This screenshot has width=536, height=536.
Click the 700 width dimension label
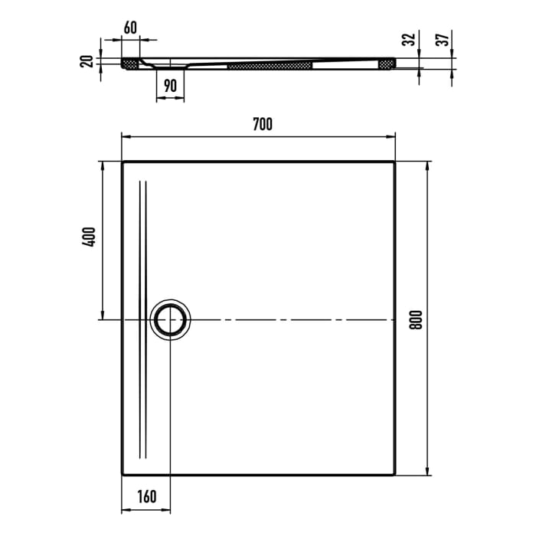point(261,123)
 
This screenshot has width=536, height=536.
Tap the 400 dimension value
point(90,237)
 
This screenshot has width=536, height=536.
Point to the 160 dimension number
point(146,496)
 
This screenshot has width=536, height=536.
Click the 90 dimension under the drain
point(170,87)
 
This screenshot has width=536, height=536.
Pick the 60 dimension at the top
point(130,28)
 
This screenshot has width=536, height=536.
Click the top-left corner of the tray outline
point(123,162)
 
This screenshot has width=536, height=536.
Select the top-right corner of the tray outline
point(395,162)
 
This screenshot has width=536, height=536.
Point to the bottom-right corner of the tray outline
point(395,476)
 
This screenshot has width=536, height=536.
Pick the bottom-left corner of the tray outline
point(123,476)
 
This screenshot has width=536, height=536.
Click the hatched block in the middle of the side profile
point(271,67)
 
